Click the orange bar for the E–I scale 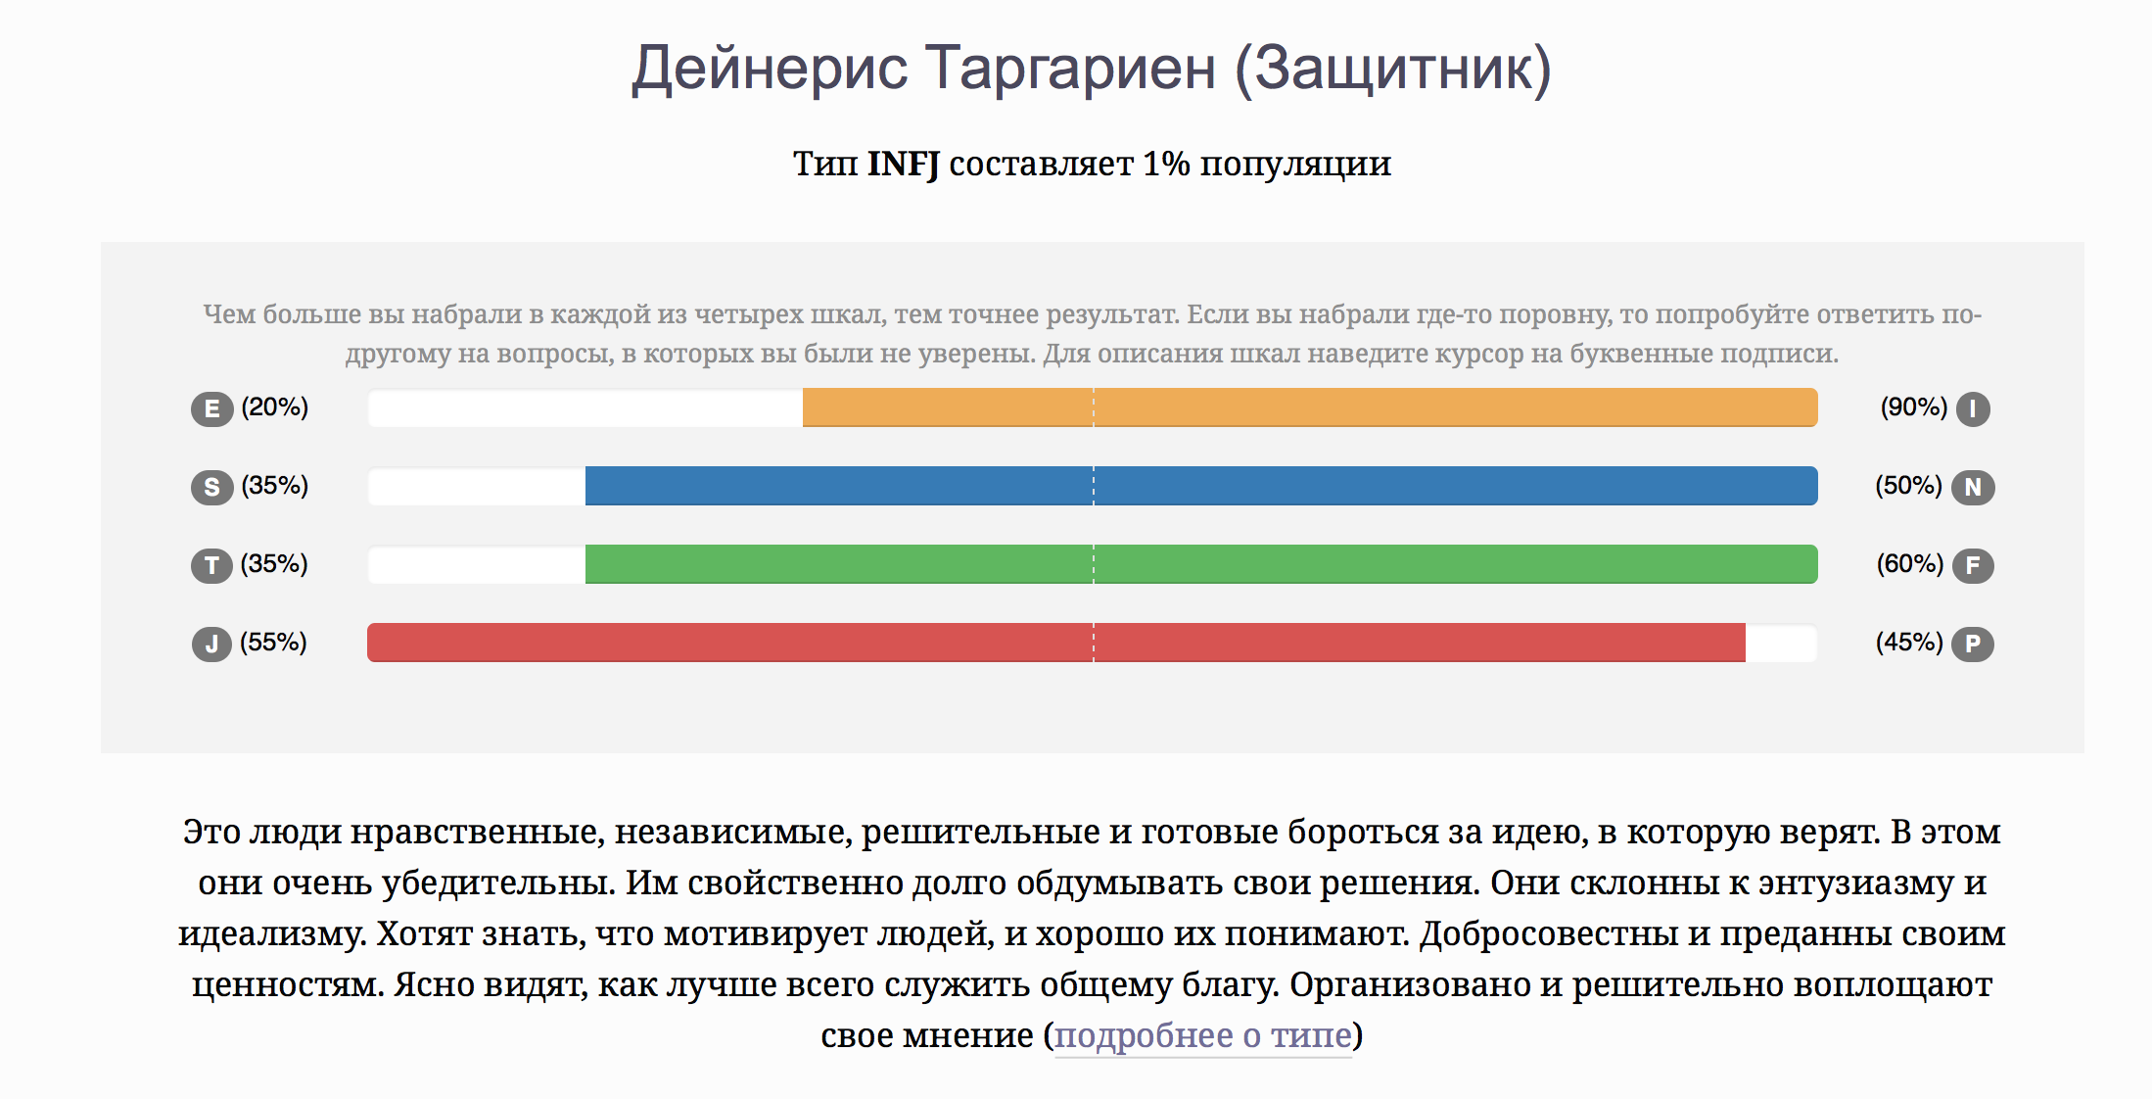(x=1310, y=407)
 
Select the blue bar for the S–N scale (x=1201, y=486)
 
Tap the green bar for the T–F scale (x=1201, y=564)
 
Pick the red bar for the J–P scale (x=1056, y=643)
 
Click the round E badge (x=211, y=408)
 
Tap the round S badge (x=211, y=487)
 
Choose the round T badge (x=211, y=565)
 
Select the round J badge (x=211, y=644)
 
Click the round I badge (x=1973, y=408)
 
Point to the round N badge (x=1973, y=487)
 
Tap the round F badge (x=1973, y=565)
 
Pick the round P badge (x=1973, y=644)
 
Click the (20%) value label (x=275, y=406)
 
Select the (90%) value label (x=1914, y=406)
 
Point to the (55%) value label (x=274, y=642)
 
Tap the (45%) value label (x=1909, y=642)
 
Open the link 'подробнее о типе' (x=1203, y=1035)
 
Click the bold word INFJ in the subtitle (x=903, y=164)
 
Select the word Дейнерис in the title (x=771, y=69)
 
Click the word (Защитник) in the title (x=1393, y=69)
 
